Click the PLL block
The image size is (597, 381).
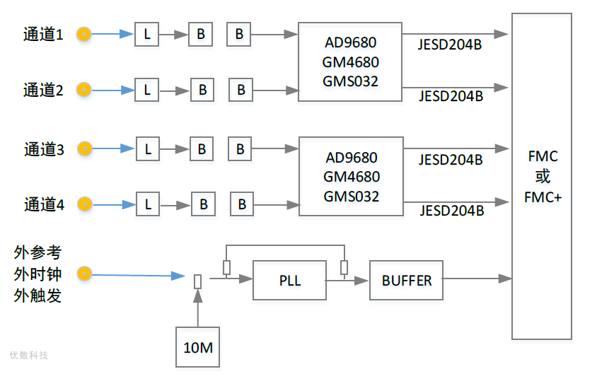coord(289,281)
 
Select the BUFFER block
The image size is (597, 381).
coord(406,281)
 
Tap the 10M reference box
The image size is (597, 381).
coord(197,347)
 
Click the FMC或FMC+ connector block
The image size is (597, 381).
coord(542,177)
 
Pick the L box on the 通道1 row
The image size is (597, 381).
coord(147,33)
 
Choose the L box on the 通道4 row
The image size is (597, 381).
coord(148,204)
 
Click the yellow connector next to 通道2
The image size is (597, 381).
coord(83,89)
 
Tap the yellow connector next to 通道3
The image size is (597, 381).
coord(84,148)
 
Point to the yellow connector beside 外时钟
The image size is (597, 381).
coord(84,274)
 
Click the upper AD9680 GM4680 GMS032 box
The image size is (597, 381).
coord(350,62)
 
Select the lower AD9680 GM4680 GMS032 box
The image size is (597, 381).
coord(351,177)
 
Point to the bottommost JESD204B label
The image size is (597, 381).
coord(451,211)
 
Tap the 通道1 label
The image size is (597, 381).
coord(43,33)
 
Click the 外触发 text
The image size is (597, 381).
coord(37,295)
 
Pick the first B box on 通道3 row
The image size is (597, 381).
coord(201,148)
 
